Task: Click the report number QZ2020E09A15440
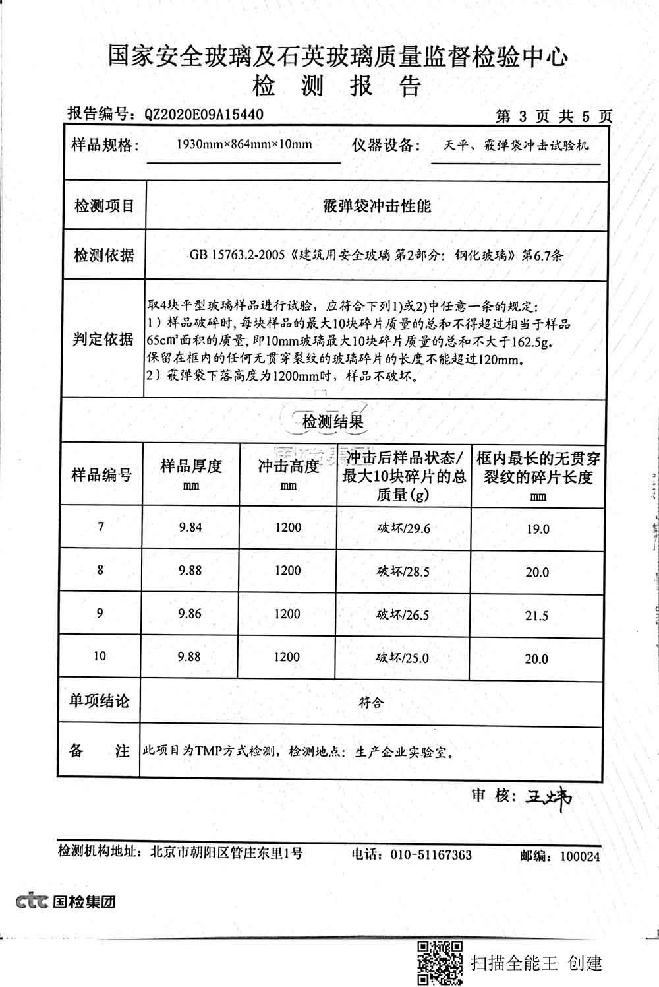click(204, 115)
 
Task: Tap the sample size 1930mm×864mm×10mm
click(244, 144)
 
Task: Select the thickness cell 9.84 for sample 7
click(190, 526)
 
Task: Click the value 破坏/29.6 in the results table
click(403, 528)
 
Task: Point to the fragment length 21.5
click(537, 616)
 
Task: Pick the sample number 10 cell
click(100, 656)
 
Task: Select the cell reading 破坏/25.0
click(403, 658)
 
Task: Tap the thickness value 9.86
click(190, 613)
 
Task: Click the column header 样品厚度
click(191, 467)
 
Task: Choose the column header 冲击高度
click(288, 467)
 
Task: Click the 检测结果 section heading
click(333, 422)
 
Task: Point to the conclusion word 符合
click(371, 703)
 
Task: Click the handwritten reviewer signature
click(548, 798)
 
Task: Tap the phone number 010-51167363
click(431, 855)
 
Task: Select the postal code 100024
click(580, 856)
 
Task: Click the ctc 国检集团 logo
click(66, 901)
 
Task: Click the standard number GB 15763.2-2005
click(237, 255)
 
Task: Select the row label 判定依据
click(103, 339)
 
